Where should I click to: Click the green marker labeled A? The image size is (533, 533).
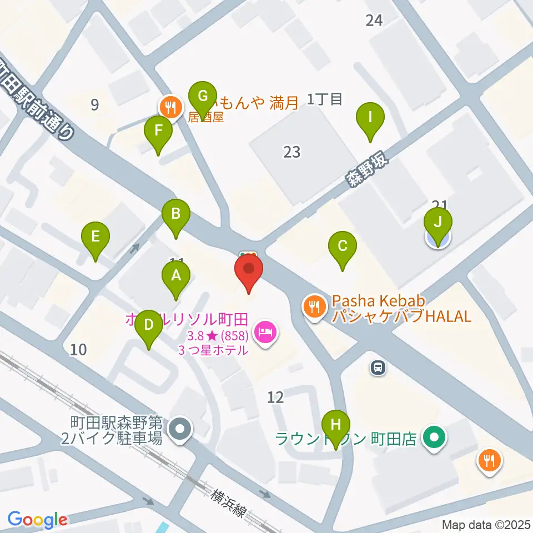[176, 276]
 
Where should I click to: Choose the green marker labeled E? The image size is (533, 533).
[95, 238]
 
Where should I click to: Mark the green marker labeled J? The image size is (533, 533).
[438, 224]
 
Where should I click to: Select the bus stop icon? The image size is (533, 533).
[378, 367]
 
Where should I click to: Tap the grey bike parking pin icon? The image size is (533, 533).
[180, 429]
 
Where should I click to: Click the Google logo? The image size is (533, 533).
[37, 520]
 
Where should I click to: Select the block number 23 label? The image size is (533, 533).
[292, 152]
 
